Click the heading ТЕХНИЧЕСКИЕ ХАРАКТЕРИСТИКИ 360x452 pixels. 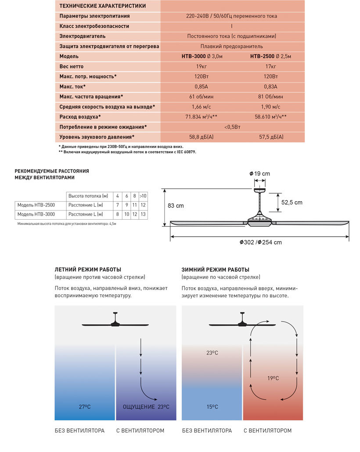pyautogui.click(x=102, y=6)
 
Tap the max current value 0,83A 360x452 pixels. pyautogui.click(x=270, y=87)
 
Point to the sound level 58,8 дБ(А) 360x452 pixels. pyautogui.click(x=202, y=137)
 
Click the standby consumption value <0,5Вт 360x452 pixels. pyautogui.click(x=232, y=127)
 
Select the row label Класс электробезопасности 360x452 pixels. pyautogui.click(x=94, y=26)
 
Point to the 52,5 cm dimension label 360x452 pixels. pyautogui.click(x=292, y=202)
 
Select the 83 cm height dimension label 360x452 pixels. pyautogui.click(x=176, y=206)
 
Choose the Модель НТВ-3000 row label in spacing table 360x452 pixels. pyautogui.click(x=36, y=214)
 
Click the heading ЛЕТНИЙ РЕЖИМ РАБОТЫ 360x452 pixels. pyautogui.click(x=88, y=269)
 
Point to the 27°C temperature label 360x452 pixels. pyautogui.click(x=85, y=407)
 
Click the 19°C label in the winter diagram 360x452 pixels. pyautogui.click(x=273, y=378)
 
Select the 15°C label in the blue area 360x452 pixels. pyautogui.click(x=212, y=407)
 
